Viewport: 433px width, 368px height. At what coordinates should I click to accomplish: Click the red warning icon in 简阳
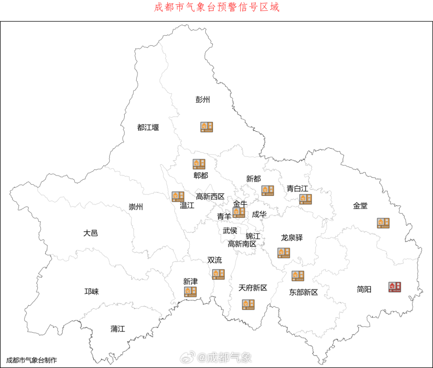(395, 287)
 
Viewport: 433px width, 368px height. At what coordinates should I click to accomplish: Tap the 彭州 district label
(202, 100)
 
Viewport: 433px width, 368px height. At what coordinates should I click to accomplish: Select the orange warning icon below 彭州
(206, 127)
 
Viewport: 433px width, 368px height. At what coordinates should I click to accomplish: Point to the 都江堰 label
(148, 128)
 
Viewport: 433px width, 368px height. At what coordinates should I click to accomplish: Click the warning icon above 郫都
(199, 164)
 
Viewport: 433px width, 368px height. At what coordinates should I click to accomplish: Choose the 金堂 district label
(360, 206)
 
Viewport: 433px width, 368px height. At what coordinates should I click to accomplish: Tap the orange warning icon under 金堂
(383, 223)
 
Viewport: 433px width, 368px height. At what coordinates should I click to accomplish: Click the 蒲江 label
(118, 329)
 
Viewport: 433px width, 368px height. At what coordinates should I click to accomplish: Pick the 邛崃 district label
(91, 292)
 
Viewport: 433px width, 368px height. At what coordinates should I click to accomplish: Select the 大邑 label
(91, 233)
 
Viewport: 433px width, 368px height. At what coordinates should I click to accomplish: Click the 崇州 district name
(136, 207)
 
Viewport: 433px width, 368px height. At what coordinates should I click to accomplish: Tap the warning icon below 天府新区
(248, 305)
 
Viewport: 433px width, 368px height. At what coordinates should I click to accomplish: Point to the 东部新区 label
(304, 292)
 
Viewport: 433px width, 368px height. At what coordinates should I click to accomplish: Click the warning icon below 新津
(190, 292)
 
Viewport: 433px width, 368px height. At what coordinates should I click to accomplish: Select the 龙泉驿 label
(291, 238)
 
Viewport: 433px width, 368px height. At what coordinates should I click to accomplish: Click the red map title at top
(216, 8)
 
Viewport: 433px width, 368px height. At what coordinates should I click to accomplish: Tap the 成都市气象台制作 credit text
(32, 360)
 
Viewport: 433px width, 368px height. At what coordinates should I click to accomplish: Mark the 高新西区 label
(210, 196)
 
